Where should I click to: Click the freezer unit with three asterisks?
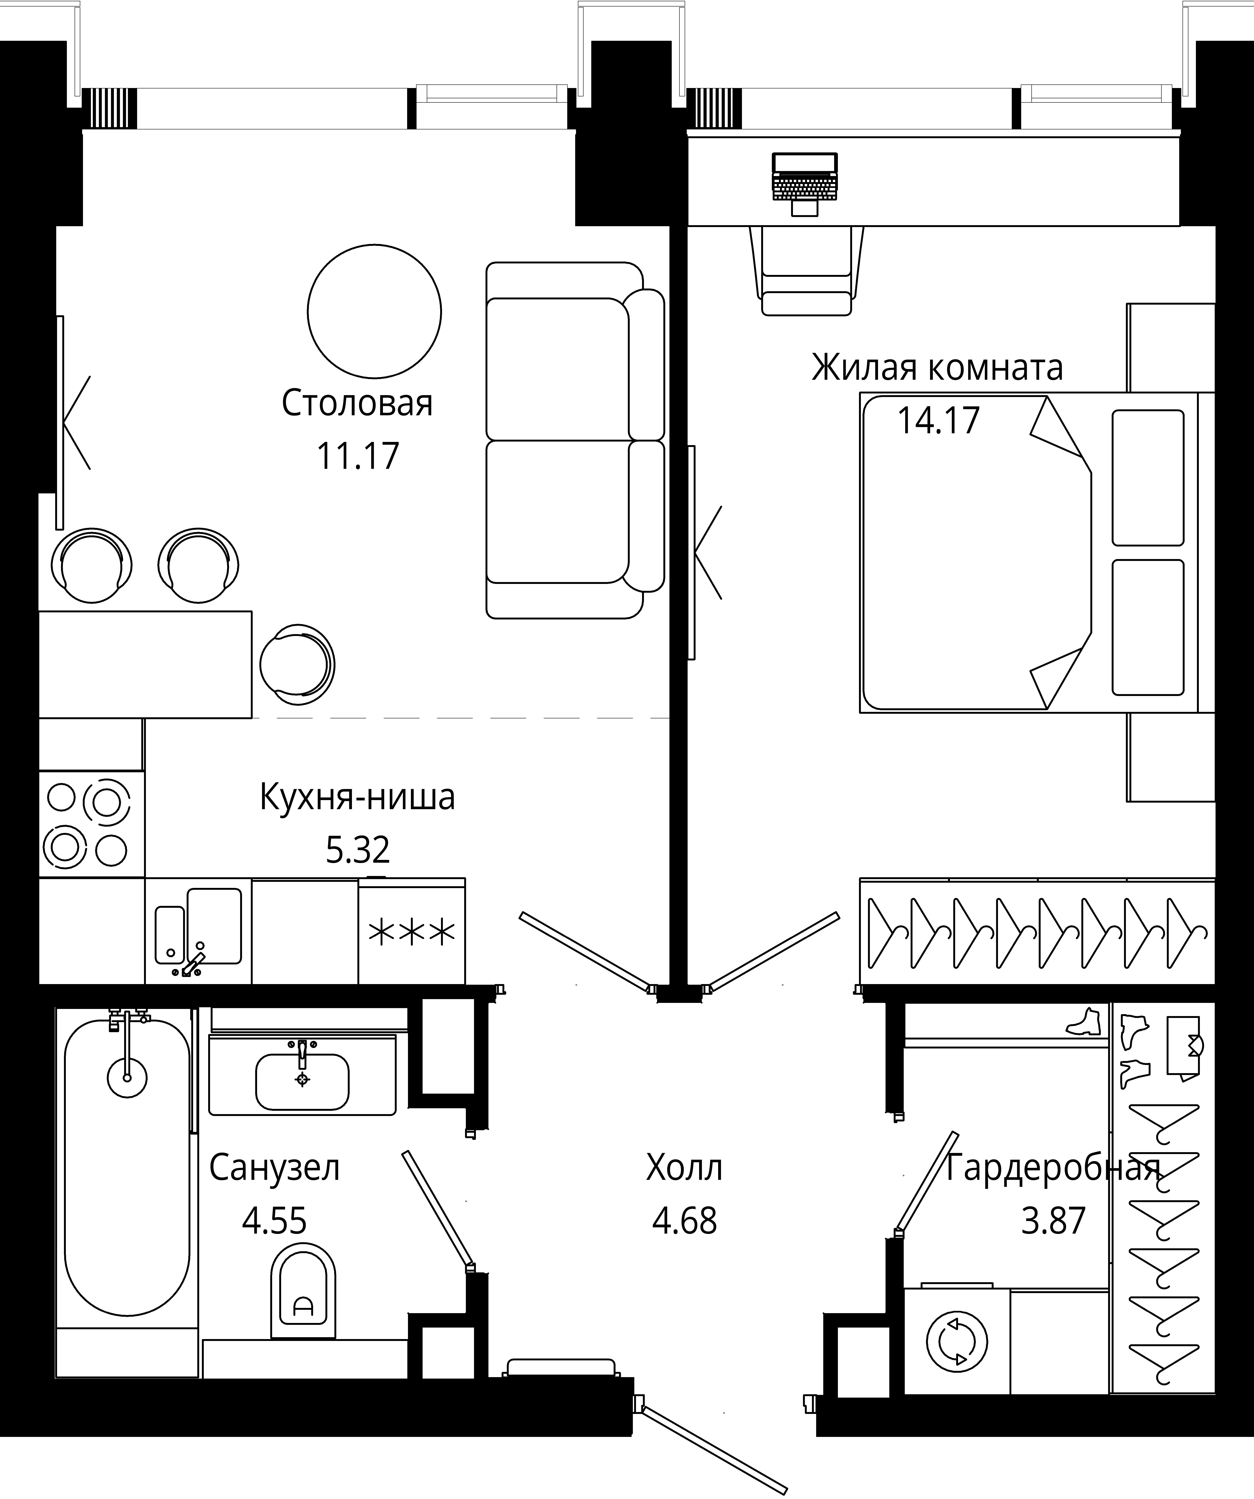pyautogui.click(x=412, y=932)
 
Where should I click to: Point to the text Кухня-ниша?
pyautogui.click(x=357, y=797)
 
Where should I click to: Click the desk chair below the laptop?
pyautogui.click(x=807, y=271)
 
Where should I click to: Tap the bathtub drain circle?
pyautogui.click(x=127, y=1077)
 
